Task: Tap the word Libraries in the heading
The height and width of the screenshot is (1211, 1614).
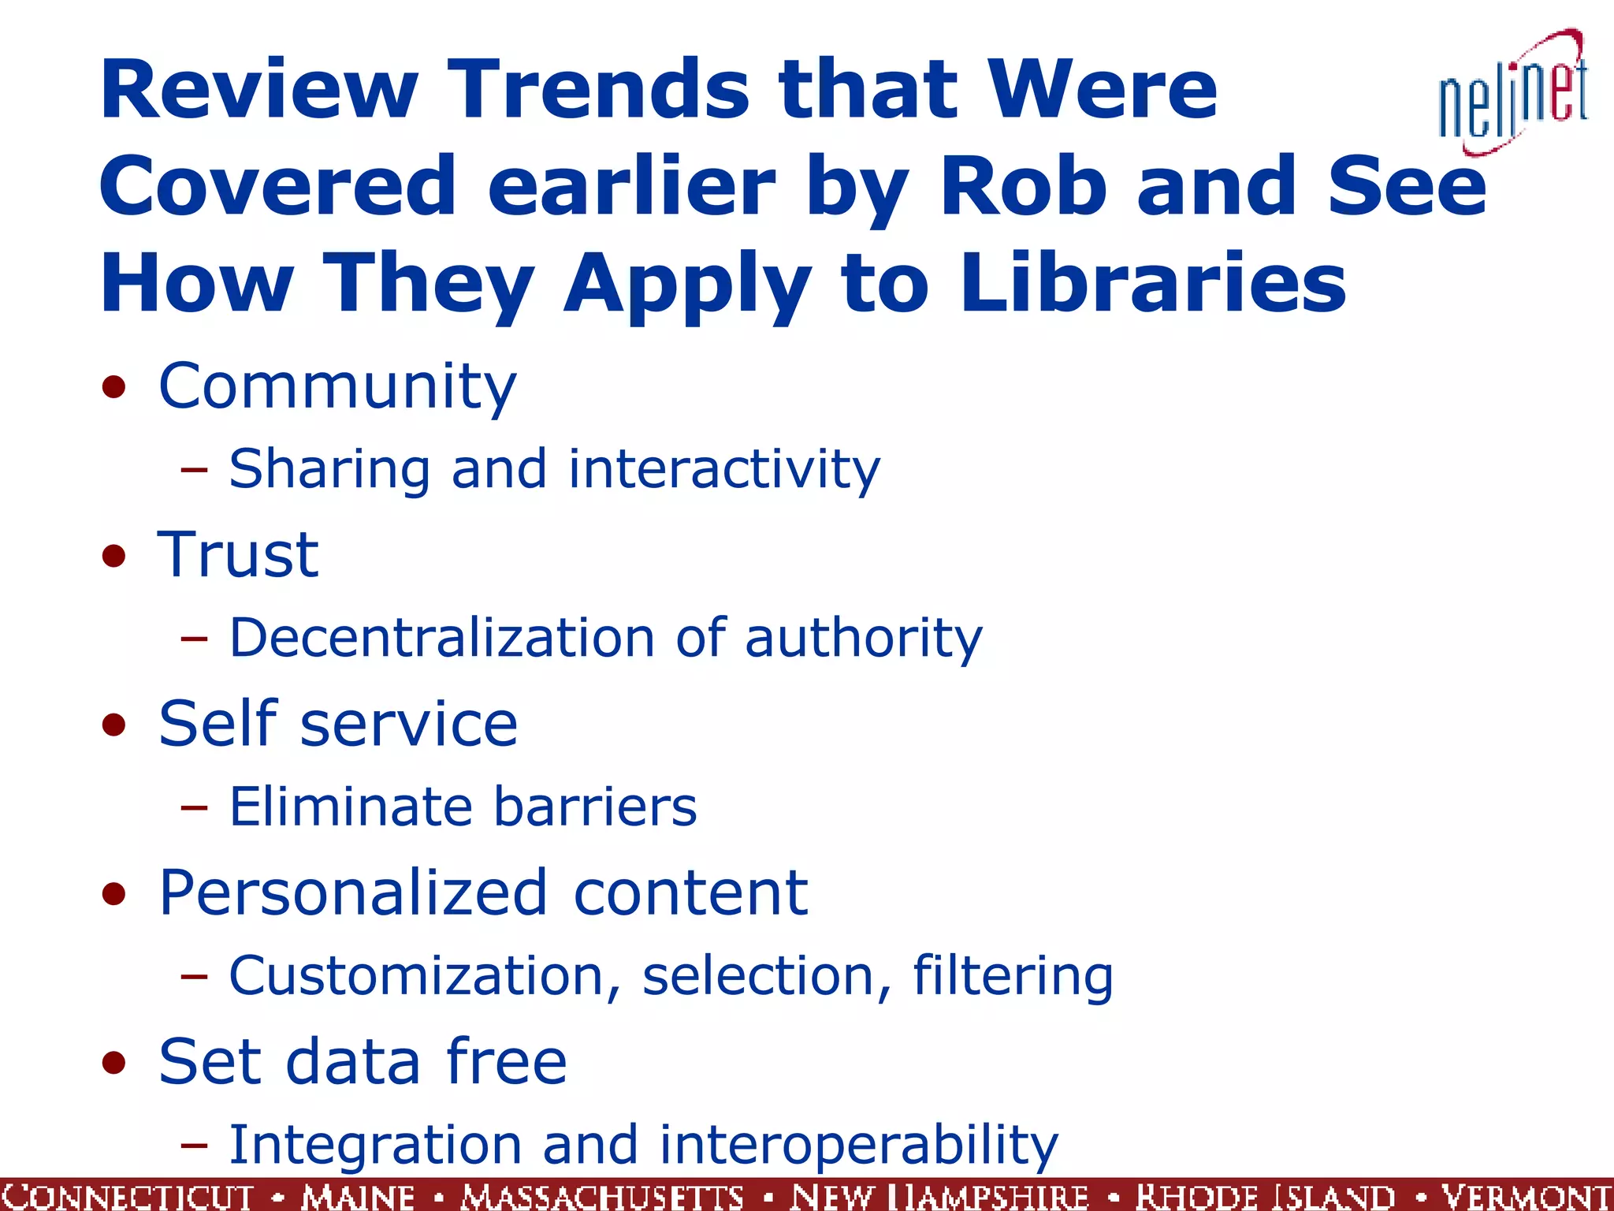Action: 1153,283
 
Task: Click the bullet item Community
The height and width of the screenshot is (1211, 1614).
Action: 337,386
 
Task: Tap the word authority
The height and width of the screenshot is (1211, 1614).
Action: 864,639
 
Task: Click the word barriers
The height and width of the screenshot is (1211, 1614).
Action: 595,807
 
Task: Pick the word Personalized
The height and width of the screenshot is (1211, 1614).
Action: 352,892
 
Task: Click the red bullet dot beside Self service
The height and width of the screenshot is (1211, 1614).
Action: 114,725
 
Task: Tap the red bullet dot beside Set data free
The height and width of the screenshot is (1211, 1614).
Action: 114,1063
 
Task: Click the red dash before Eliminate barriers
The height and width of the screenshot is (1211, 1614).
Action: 194,807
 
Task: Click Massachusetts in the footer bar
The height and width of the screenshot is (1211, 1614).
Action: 603,1196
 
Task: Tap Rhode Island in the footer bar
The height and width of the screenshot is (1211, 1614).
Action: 1265,1196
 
